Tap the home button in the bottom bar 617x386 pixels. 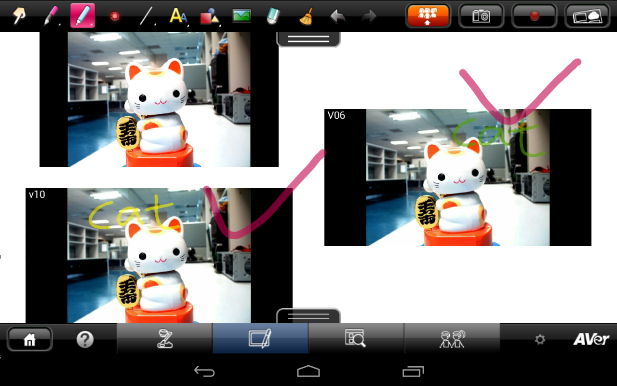[x=30, y=339]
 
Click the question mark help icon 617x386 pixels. [x=85, y=339]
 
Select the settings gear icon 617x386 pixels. [x=540, y=339]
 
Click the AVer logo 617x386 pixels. [x=591, y=339]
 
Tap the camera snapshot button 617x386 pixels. [x=481, y=16]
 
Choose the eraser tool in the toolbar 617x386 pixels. [x=273, y=16]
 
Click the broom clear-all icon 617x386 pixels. [x=306, y=16]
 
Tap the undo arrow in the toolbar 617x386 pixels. [x=338, y=16]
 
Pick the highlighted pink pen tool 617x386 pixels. [x=82, y=15]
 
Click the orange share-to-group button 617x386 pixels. [x=428, y=16]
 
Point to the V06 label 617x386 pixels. [x=336, y=115]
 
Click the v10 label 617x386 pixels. [x=37, y=194]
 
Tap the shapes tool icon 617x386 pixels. [x=210, y=16]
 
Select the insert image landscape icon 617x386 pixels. [x=241, y=15]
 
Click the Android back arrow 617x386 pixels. [x=204, y=372]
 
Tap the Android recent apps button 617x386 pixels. [x=413, y=372]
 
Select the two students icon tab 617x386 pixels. [x=452, y=339]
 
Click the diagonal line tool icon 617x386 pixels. [x=147, y=16]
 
